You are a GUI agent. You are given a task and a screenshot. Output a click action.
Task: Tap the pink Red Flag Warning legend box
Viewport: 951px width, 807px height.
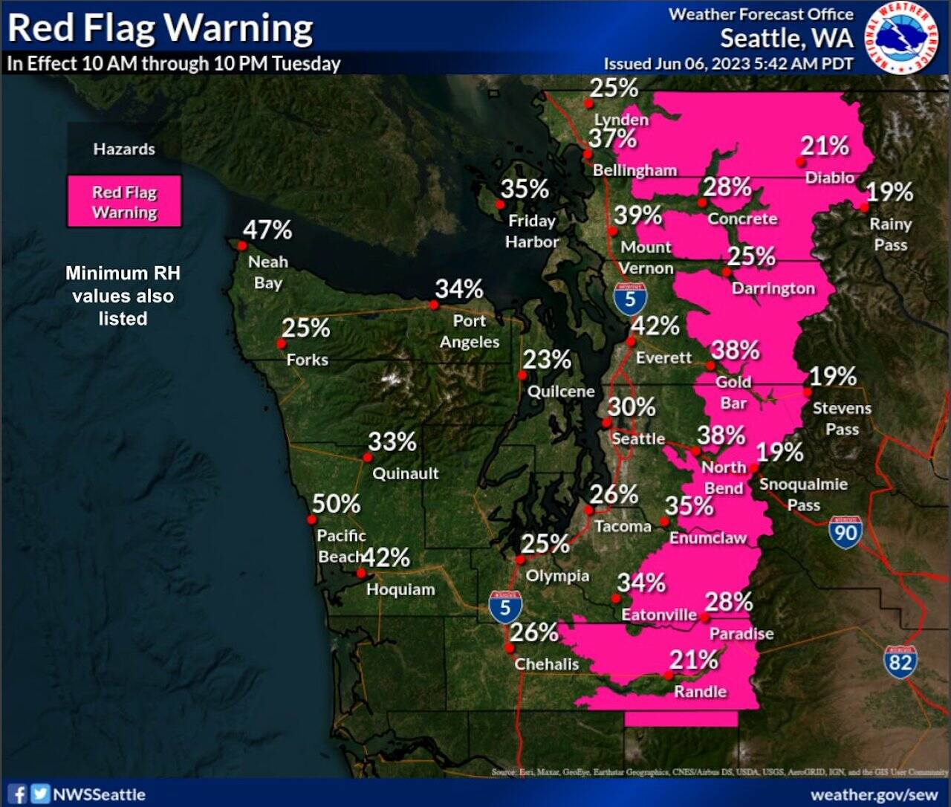coord(124,201)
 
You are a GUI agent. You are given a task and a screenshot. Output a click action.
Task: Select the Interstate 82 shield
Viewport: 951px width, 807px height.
coord(900,660)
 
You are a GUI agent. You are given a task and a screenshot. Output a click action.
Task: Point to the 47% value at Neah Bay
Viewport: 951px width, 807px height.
coord(267,230)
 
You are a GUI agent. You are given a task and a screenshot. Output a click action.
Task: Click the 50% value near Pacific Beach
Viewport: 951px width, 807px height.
coord(336,504)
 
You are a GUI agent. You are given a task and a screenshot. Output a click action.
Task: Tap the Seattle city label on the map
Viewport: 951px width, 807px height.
coord(637,439)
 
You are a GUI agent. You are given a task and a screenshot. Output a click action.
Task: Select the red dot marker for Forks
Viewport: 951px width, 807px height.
coord(281,343)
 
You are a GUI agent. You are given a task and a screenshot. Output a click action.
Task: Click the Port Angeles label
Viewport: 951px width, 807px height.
coord(470,331)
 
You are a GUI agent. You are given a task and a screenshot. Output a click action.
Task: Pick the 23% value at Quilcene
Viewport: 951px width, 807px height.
coord(547,360)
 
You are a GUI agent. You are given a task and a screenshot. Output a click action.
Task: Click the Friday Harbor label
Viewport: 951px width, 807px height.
coord(532,231)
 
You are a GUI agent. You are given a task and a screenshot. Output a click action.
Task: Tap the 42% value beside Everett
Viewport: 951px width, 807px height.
coord(655,326)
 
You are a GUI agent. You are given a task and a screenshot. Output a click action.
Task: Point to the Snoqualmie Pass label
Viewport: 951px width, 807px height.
coord(803,494)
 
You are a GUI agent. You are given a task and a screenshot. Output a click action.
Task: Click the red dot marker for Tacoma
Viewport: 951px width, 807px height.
coord(588,511)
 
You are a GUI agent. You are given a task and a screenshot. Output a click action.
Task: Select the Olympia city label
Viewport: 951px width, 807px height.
coord(557,576)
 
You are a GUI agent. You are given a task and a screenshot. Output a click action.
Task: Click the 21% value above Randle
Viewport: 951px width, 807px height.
coord(694,660)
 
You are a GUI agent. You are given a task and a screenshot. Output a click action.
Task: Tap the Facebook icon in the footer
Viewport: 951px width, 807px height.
coord(19,794)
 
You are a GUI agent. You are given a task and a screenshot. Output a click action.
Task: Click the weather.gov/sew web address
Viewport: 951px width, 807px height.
coord(874,794)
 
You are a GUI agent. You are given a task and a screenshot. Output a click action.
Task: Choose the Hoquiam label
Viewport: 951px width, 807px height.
coord(400,590)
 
